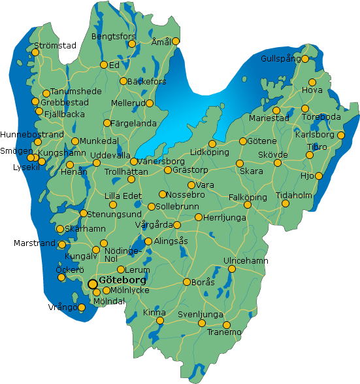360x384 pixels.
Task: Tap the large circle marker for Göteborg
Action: (93, 284)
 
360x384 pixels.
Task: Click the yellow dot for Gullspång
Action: (304, 59)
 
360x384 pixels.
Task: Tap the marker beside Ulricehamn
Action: (232, 269)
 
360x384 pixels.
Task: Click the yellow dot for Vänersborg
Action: (134, 162)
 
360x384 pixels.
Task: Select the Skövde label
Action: (272, 154)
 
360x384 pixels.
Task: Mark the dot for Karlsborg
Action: (340, 135)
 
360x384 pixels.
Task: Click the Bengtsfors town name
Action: (113, 36)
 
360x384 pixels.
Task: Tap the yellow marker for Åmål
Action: (175, 41)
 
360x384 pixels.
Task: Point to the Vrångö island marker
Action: (82, 307)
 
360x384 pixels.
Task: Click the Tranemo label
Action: (223, 332)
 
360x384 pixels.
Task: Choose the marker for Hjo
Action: (319, 176)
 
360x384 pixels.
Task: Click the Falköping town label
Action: (248, 197)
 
